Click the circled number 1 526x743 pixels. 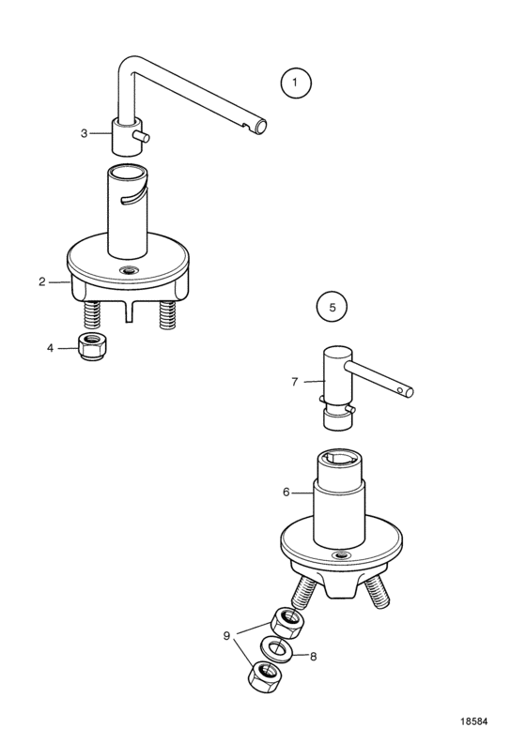(x=296, y=83)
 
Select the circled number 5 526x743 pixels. (x=332, y=307)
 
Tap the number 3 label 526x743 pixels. (x=84, y=133)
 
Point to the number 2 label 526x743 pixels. (x=42, y=282)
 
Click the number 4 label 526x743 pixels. (x=51, y=348)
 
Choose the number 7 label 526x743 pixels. (x=295, y=382)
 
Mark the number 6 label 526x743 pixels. (x=286, y=493)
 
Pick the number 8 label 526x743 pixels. (x=313, y=657)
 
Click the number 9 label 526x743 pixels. (x=226, y=636)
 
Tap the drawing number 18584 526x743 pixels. (x=473, y=721)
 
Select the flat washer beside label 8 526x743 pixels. (x=273, y=647)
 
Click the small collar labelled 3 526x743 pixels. (x=127, y=136)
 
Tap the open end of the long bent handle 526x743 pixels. (x=260, y=126)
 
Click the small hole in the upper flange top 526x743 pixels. (x=128, y=271)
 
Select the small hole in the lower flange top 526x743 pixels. (x=342, y=554)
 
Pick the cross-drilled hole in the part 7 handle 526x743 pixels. (x=401, y=390)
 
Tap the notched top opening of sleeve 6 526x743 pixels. (x=341, y=458)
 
